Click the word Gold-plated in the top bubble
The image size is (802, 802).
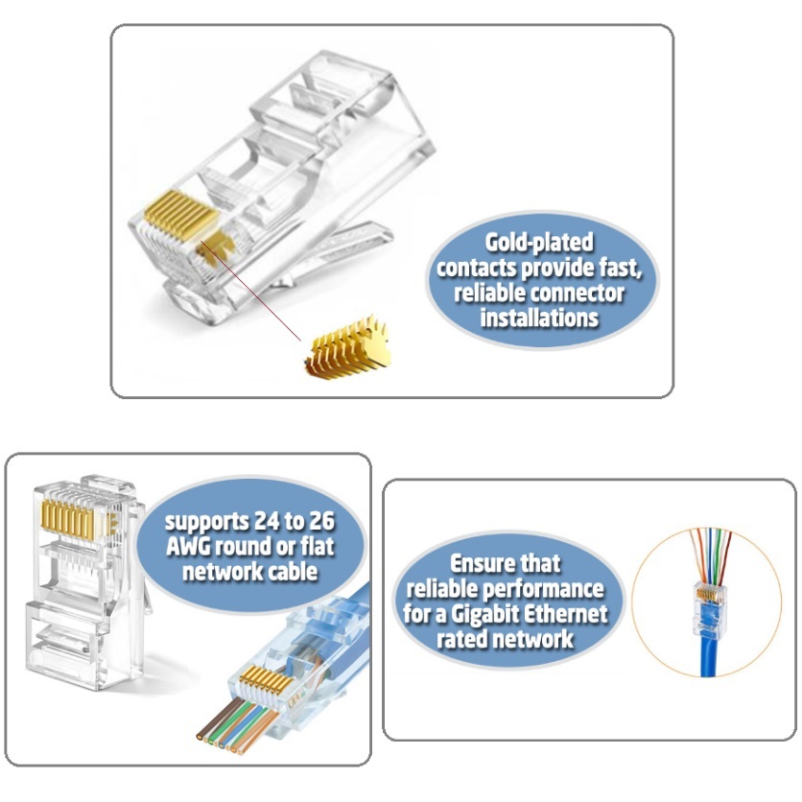(539, 243)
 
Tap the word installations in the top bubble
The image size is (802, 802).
(539, 318)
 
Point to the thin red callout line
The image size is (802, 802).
(250, 291)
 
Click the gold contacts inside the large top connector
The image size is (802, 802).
(181, 216)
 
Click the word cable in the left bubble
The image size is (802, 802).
(295, 572)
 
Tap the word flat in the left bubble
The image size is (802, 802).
(318, 547)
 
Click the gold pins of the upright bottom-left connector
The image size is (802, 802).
(68, 519)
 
